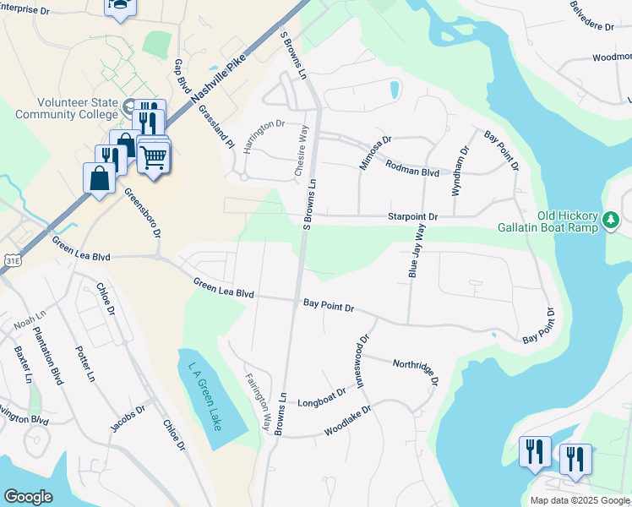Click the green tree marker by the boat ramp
point(611,221)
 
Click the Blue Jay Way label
point(413,251)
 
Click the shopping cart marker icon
point(153,156)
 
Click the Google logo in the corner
point(28,496)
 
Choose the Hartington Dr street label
point(264,136)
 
